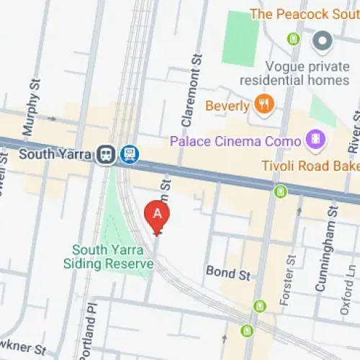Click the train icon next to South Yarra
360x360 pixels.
pyautogui.click(x=107, y=154)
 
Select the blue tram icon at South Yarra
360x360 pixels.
pyautogui.click(x=130, y=154)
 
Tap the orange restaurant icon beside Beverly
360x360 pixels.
pyautogui.click(x=264, y=106)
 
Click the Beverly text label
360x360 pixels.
pyautogui.click(x=227, y=107)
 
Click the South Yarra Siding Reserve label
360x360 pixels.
pyautogui.click(x=113, y=257)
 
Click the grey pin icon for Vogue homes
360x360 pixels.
pyautogui.click(x=322, y=40)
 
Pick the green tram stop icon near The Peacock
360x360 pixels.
pyautogui.click(x=293, y=38)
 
